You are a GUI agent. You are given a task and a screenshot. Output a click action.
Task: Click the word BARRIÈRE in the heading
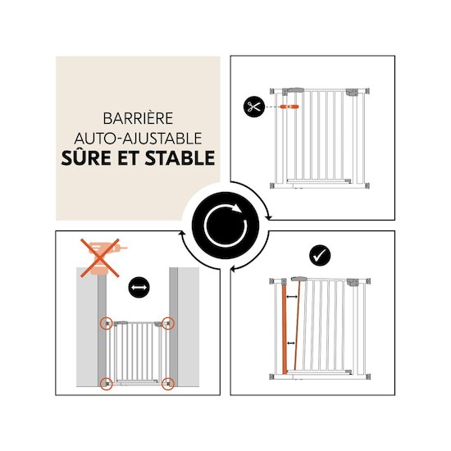(x=138, y=118)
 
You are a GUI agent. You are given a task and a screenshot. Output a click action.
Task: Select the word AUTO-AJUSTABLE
(x=138, y=139)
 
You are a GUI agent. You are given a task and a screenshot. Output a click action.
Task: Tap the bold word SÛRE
(x=86, y=157)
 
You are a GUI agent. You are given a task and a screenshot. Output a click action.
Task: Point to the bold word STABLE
(x=180, y=158)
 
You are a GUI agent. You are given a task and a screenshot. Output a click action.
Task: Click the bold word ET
(x=128, y=158)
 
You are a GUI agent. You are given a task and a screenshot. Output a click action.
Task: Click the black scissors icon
(x=254, y=107)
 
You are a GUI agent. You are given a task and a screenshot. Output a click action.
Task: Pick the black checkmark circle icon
(x=320, y=255)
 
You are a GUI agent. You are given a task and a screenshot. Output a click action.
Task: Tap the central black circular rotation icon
(x=225, y=225)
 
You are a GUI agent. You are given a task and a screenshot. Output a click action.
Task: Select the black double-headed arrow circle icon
(x=139, y=287)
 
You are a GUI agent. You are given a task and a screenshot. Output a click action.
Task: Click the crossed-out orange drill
(x=100, y=257)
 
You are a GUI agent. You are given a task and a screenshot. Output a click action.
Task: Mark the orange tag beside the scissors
(x=289, y=107)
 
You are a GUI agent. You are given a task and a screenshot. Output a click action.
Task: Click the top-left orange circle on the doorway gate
(x=107, y=323)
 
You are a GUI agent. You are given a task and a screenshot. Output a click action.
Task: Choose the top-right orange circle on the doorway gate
(x=168, y=323)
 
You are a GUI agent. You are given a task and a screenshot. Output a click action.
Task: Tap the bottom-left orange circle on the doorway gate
(x=107, y=384)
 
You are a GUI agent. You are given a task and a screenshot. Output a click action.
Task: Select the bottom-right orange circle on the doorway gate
(x=168, y=384)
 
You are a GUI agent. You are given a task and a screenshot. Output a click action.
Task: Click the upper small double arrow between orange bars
(x=292, y=297)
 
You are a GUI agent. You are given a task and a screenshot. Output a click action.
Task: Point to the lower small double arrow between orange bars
(x=291, y=343)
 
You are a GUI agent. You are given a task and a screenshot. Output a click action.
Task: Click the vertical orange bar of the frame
(x=285, y=329)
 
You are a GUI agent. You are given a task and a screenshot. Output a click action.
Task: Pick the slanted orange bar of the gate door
(x=297, y=325)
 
